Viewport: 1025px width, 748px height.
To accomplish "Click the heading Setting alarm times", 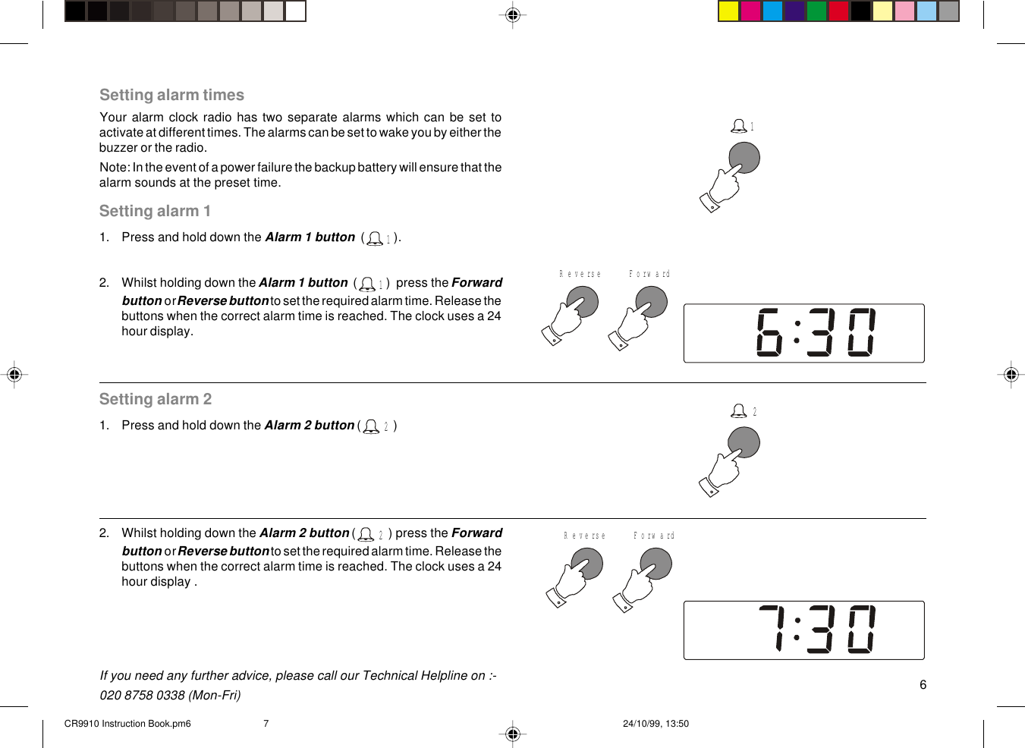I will click(x=171, y=95).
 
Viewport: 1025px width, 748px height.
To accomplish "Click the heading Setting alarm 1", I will click(x=155, y=211).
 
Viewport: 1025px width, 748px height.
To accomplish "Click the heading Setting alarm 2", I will click(x=155, y=399).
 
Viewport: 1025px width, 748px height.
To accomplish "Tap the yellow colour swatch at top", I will click(x=728, y=11).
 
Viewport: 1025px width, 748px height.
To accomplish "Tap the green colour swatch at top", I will click(x=816, y=11).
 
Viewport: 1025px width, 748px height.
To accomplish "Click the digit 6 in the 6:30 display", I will click(x=769, y=332).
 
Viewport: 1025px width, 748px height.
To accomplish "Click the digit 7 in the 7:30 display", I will click(x=772, y=629).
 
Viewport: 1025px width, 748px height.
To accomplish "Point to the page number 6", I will click(x=923, y=684).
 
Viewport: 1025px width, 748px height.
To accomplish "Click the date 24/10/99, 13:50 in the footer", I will click(x=656, y=724).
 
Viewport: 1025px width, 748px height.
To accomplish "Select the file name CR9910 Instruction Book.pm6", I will click(x=127, y=724).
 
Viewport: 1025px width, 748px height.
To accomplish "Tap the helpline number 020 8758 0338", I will click(x=142, y=695).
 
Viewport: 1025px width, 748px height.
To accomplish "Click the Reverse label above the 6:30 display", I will click(x=580, y=274).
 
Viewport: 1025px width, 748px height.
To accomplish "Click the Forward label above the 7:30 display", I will click(x=653, y=536).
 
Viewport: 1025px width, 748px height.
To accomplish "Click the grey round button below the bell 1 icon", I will click(x=744, y=158).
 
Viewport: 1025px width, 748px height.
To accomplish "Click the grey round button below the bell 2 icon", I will click(x=744, y=442).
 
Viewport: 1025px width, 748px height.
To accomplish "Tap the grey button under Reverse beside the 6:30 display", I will click(x=583, y=302).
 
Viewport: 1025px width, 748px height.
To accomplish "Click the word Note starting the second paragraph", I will click(x=113, y=168).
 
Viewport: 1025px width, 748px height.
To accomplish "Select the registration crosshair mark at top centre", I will click(x=513, y=14).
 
